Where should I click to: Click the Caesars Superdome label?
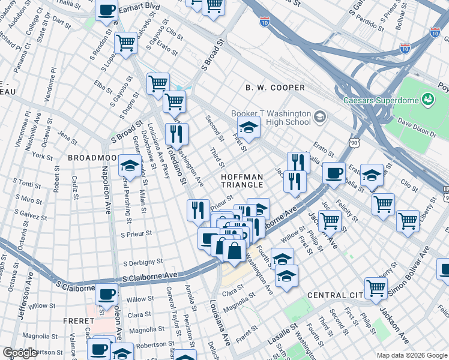[380, 100]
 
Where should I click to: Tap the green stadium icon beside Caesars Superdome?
[428, 98]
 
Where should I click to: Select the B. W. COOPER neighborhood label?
[275, 88]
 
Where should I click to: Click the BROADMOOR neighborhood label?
[91, 157]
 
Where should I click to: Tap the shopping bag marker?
[235, 250]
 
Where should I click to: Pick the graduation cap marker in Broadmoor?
[129, 166]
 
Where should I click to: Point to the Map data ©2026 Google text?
[412, 355]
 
